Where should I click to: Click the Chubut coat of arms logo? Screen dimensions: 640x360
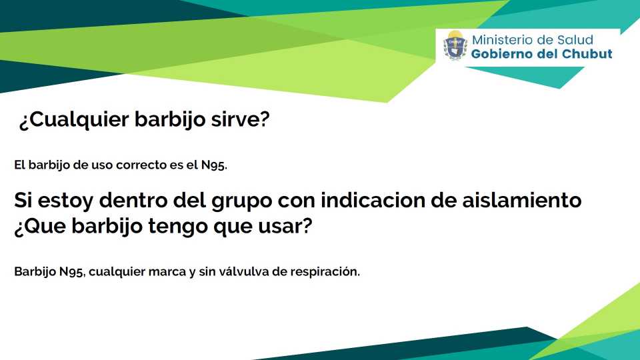coord(455,45)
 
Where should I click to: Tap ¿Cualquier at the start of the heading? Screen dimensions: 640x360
coord(74,120)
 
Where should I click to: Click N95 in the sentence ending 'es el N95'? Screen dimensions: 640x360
coord(214,165)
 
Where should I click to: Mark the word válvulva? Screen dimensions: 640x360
coord(244,271)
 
